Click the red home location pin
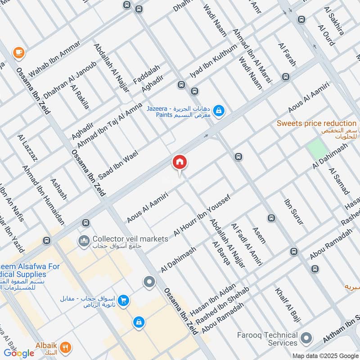(180, 162)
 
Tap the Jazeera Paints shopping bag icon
(219, 110)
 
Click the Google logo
(19, 353)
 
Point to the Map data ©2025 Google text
(324, 355)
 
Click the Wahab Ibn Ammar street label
(54, 58)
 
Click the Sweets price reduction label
(316, 123)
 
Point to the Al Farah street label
(287, 55)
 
